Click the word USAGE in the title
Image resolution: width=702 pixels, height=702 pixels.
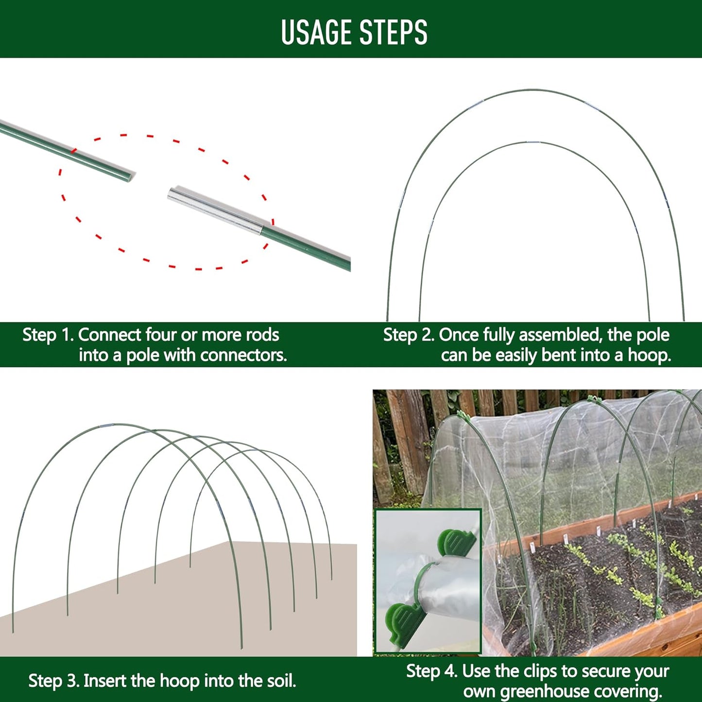[316, 33]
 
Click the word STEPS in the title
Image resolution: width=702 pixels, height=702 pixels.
[394, 33]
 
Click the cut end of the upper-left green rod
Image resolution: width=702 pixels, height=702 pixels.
[129, 176]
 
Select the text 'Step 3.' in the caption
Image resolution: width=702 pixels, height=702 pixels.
[53, 681]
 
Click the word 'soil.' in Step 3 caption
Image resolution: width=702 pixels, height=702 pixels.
[281, 681]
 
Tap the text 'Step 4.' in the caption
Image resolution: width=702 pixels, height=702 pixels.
[431, 671]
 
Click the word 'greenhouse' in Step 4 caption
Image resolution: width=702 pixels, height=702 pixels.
[544, 691]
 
